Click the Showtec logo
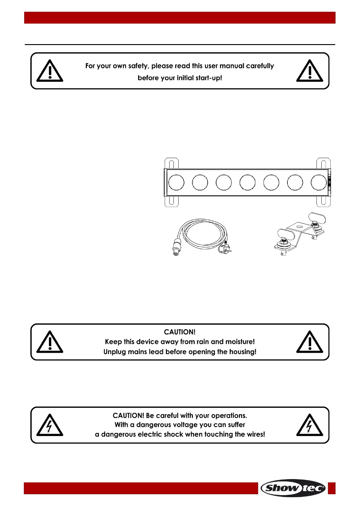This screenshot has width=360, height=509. pyautogui.click(x=293, y=488)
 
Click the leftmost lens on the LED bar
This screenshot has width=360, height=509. pyautogui.click(x=176, y=183)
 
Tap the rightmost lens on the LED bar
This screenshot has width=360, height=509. pyautogui.click(x=319, y=183)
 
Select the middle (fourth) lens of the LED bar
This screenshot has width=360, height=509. pyautogui.click(x=247, y=183)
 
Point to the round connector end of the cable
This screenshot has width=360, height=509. pyautogui.click(x=175, y=252)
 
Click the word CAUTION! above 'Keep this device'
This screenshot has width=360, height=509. pyautogui.click(x=180, y=332)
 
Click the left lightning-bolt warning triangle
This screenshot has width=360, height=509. pyautogui.click(x=50, y=426)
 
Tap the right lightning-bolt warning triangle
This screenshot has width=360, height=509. pyautogui.click(x=310, y=426)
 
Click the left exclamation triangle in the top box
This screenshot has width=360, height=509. pyautogui.click(x=50, y=72)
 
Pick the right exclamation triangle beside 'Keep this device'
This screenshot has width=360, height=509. pyautogui.click(x=310, y=342)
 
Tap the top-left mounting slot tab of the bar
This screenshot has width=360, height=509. pyautogui.click(x=171, y=163)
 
